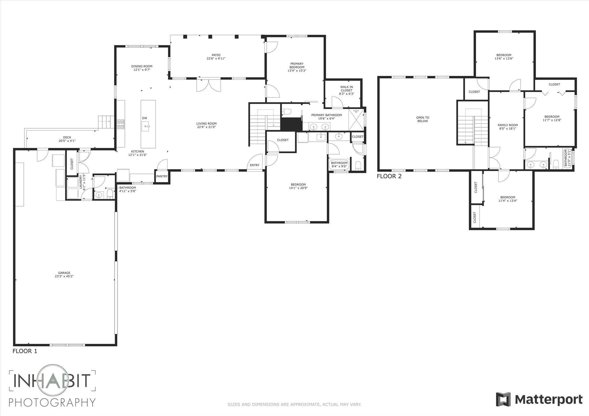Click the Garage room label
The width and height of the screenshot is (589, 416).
click(64, 273)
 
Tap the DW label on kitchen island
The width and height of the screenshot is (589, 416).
click(145, 118)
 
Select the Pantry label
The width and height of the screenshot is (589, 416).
click(162, 176)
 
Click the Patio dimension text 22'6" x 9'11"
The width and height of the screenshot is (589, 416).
click(216, 59)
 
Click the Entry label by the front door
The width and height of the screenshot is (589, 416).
click(255, 165)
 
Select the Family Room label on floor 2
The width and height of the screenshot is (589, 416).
click(508, 125)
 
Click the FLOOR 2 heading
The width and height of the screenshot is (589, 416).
click(389, 176)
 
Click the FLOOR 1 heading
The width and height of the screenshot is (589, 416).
click(25, 351)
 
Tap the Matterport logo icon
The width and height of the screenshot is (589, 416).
click(503, 399)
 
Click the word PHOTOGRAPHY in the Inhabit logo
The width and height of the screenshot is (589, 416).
click(52, 402)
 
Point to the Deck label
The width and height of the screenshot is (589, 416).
click(67, 137)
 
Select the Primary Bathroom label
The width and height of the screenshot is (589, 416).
click(326, 115)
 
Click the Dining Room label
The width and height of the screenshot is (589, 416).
click(142, 66)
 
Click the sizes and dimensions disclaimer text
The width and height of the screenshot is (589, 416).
click(294, 405)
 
